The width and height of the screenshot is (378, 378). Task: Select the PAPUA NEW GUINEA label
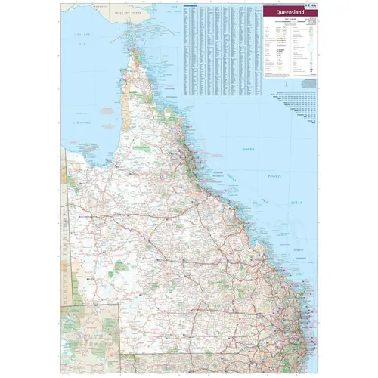point(126,14)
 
